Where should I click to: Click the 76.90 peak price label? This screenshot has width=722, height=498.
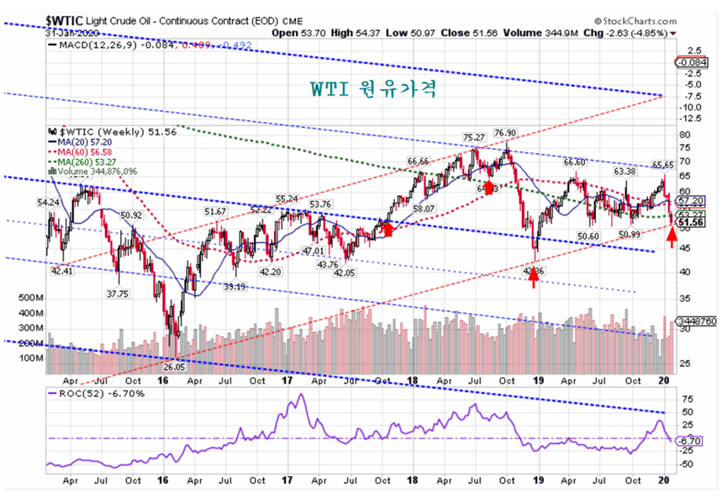tap(504, 133)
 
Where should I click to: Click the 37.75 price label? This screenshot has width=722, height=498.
tap(116, 294)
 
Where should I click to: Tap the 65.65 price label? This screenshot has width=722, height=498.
tap(662, 164)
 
